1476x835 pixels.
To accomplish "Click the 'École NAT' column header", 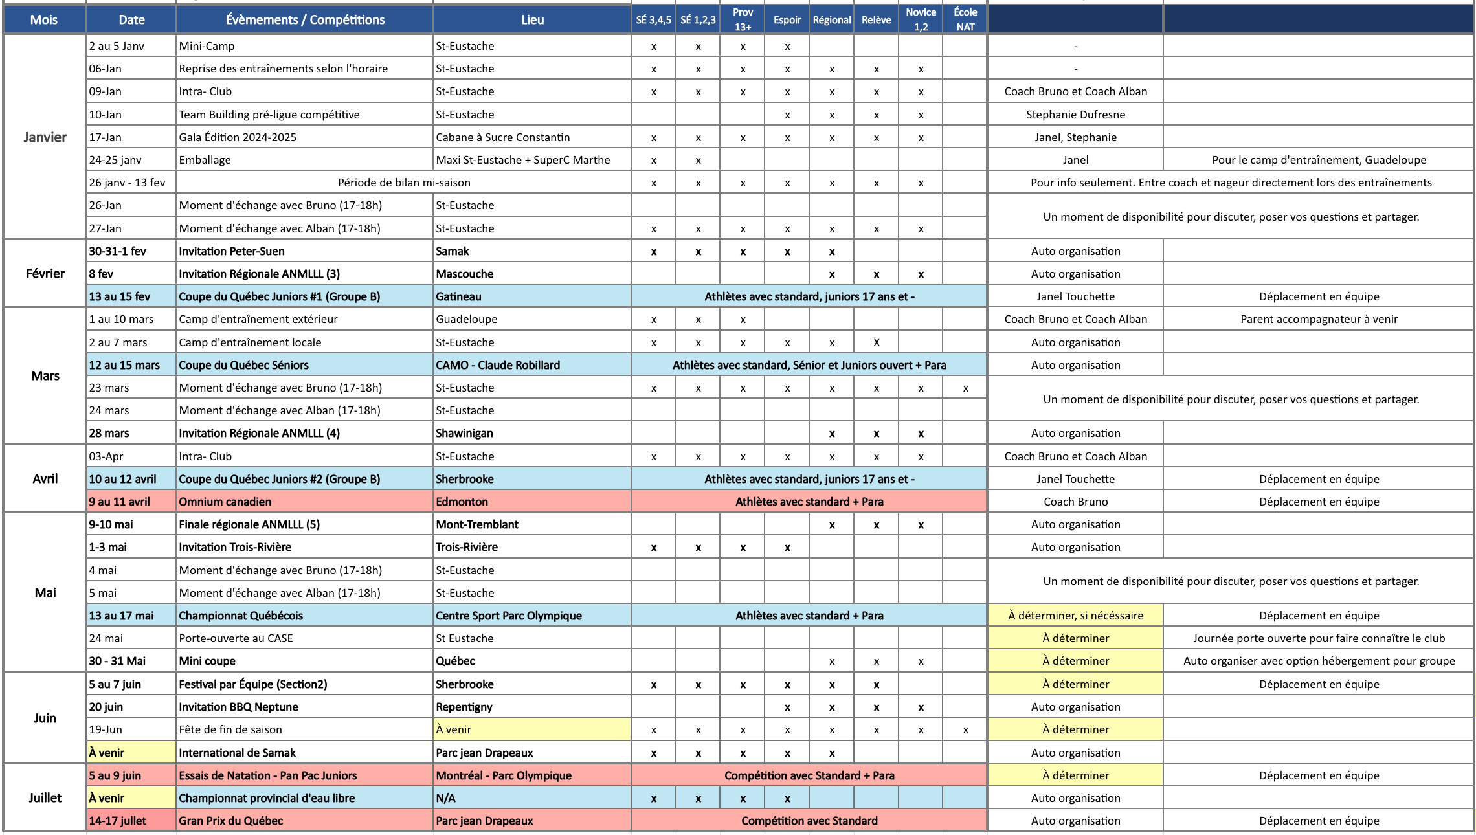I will click(x=965, y=19).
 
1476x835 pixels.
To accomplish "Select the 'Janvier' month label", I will click(x=45, y=137).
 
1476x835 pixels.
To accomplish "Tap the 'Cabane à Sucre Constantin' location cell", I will click(x=503, y=137).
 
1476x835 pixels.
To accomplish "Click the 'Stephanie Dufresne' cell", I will click(x=1075, y=115).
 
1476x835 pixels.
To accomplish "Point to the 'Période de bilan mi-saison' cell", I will click(x=404, y=183).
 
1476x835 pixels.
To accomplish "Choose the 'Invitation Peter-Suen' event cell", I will click(x=232, y=251).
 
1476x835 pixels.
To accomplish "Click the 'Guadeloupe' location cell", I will click(x=467, y=319).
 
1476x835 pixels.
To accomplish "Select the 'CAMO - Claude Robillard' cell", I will click(x=498, y=365).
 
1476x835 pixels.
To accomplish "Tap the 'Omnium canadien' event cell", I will click(x=225, y=502).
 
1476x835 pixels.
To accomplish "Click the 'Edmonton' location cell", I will click(x=462, y=502).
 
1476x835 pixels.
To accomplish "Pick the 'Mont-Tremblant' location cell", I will click(x=477, y=524).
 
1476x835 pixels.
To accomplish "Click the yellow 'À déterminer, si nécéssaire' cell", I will click(x=1075, y=616).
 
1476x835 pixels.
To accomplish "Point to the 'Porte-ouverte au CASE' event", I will click(x=236, y=638).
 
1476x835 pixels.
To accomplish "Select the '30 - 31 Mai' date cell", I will click(x=117, y=661).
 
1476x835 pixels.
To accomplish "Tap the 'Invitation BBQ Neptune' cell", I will click(x=238, y=707).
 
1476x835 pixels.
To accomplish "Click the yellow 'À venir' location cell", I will click(x=531, y=729).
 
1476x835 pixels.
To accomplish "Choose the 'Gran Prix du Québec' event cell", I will click(x=231, y=821).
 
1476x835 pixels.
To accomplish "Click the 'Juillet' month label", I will click(x=45, y=797).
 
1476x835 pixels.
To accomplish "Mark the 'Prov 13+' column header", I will click(x=743, y=19).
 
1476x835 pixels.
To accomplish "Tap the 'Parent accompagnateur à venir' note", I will click(x=1319, y=319).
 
